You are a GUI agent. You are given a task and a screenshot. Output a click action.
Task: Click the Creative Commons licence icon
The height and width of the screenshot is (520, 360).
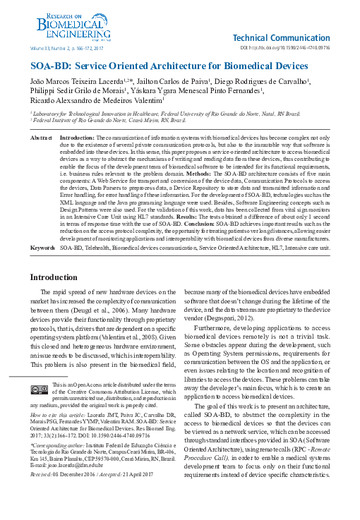click(38, 389)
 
